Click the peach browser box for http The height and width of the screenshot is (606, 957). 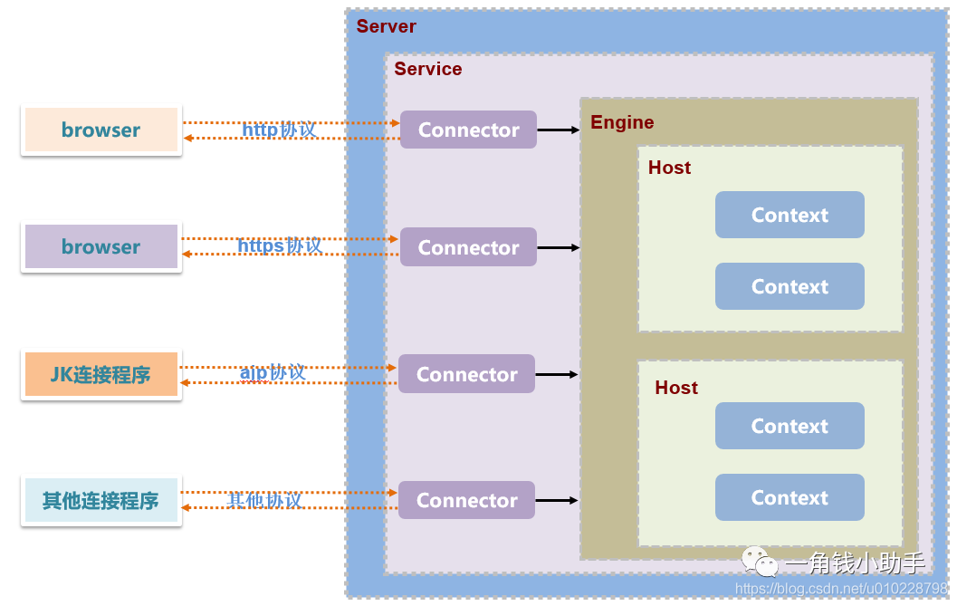tap(101, 130)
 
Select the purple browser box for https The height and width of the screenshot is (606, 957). tap(101, 246)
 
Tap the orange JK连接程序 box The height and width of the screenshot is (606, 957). tap(100, 374)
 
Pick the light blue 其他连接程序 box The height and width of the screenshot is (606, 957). tap(100, 500)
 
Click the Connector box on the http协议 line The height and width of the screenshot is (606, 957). tap(468, 130)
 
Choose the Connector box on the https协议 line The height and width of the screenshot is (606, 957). tap(468, 247)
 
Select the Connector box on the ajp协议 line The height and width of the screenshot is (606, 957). tap(466, 374)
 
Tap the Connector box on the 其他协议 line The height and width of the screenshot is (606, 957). tap(466, 500)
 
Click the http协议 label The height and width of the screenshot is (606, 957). tap(279, 130)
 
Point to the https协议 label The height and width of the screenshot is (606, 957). tap(279, 246)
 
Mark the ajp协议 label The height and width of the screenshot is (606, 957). tap(273, 373)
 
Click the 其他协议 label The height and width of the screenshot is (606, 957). tap(264, 500)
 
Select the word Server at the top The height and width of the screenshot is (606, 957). tap(387, 26)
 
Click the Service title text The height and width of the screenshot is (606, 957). tap(428, 70)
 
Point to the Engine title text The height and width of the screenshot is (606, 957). tap(622, 122)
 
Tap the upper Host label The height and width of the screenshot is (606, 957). tap(669, 168)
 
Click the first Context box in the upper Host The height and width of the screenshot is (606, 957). tap(790, 215)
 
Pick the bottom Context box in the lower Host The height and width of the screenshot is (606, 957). tap(790, 497)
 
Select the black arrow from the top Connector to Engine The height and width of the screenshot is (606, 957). tap(558, 130)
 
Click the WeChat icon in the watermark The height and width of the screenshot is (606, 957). tap(760, 563)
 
